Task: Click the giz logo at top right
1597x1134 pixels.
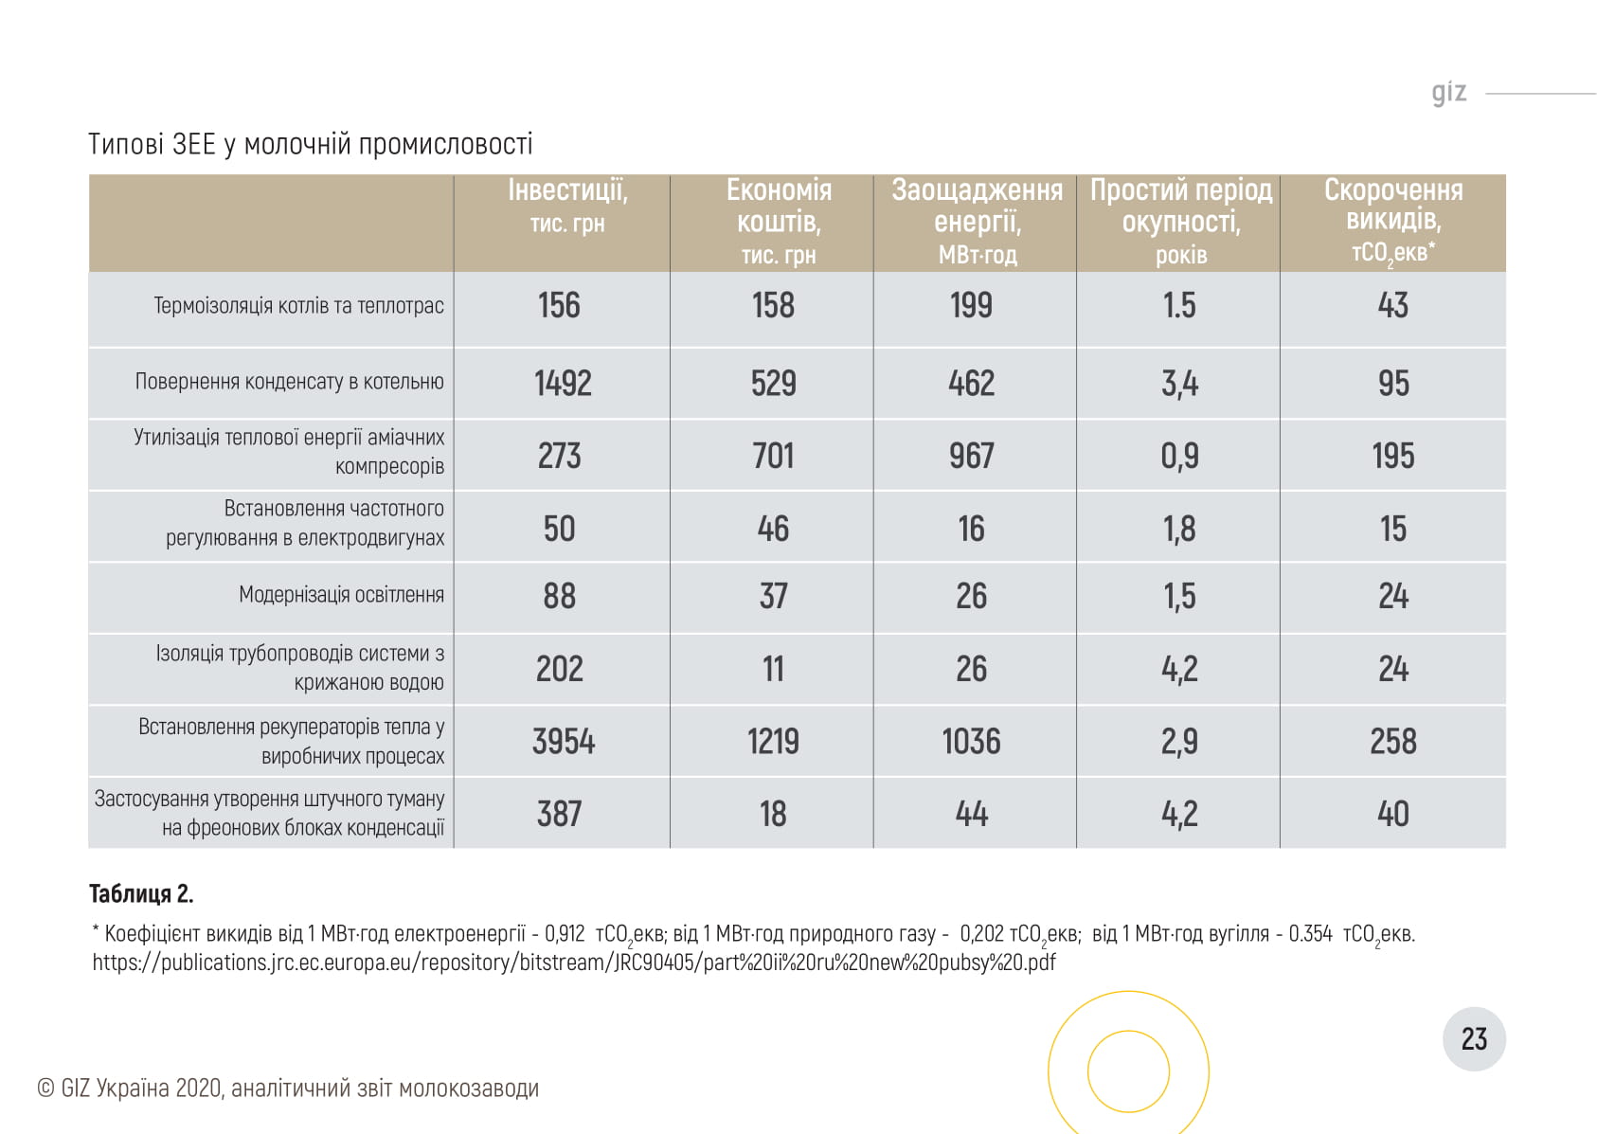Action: [x=1448, y=92]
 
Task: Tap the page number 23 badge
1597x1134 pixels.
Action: [x=1474, y=1039]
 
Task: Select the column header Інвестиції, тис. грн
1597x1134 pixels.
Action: [x=566, y=205]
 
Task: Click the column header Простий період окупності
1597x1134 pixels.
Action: [x=1180, y=221]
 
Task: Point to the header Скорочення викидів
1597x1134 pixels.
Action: [x=1392, y=220]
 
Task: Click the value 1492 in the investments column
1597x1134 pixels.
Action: [x=563, y=384]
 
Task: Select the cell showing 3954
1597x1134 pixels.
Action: [x=563, y=742]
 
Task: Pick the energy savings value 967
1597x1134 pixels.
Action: [x=972, y=456]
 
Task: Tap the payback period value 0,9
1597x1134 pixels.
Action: [x=1179, y=456]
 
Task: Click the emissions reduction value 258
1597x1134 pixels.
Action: [x=1392, y=742]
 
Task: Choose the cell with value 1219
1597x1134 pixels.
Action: [x=773, y=742]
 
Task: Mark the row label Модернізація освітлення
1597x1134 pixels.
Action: [x=341, y=595]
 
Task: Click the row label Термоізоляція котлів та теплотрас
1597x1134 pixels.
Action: [x=298, y=306]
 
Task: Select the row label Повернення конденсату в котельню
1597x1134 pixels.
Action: [x=289, y=382]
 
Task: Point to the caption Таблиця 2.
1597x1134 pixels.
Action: [x=141, y=893]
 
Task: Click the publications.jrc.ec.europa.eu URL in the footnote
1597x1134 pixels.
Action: [x=573, y=963]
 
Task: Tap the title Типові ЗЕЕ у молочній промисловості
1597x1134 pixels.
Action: [x=310, y=144]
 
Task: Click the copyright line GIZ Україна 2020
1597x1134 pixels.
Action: [x=288, y=1089]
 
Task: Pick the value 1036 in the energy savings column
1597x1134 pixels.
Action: [x=971, y=742]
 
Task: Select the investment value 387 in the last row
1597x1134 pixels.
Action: [x=559, y=814]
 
